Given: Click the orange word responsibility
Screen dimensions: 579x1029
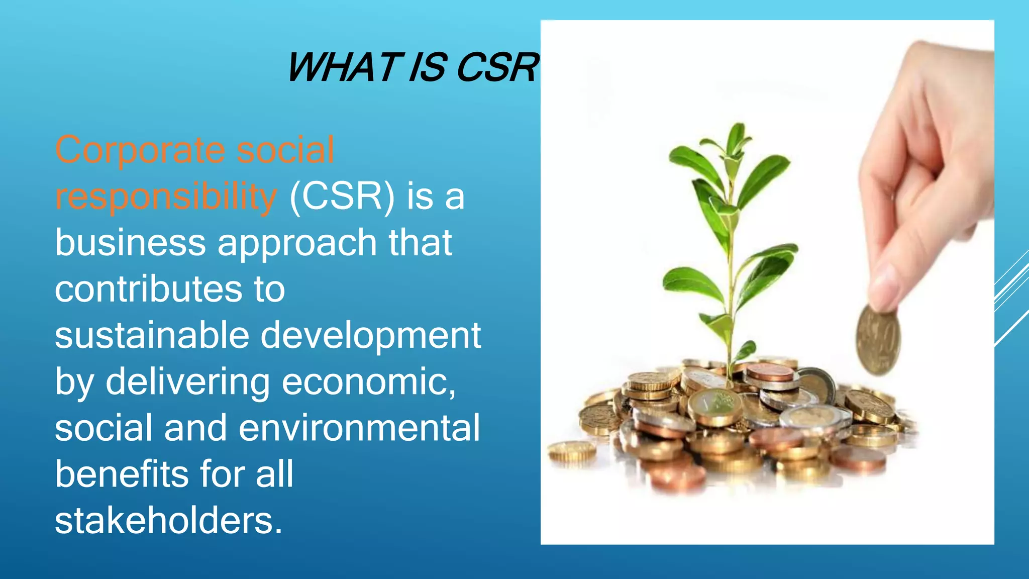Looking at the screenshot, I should pos(166,197).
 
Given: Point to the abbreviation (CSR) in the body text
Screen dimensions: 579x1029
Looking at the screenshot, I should pos(342,196).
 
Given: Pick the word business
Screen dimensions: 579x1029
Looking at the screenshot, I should pos(130,243).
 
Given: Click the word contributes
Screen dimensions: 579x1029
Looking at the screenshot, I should pos(148,289).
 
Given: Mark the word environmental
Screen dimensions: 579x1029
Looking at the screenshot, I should pos(359,428).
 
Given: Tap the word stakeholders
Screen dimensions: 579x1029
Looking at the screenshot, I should pos(168,521).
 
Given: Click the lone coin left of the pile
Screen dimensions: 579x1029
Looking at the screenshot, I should pos(572,451).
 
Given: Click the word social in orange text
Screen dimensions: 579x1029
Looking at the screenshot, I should pos(285,150).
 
